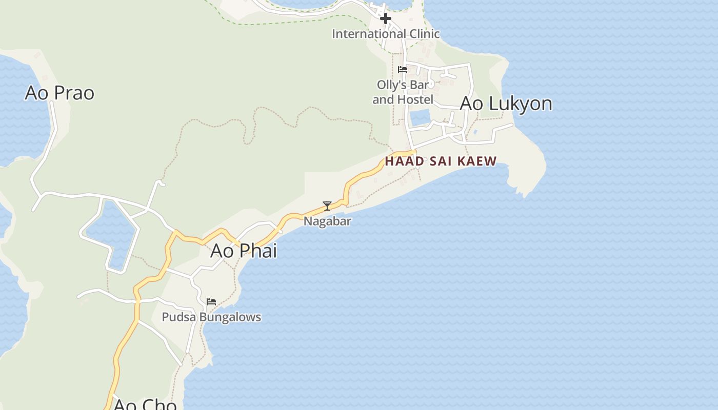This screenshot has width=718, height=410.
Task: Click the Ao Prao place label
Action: click(59, 93)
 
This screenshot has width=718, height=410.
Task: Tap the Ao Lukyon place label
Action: click(506, 104)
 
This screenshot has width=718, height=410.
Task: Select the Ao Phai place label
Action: click(244, 251)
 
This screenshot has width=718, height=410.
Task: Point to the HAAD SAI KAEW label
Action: click(441, 161)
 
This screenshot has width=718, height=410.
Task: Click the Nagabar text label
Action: click(327, 221)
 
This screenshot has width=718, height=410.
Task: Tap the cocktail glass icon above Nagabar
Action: click(327, 206)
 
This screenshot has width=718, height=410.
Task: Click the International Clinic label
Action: click(386, 34)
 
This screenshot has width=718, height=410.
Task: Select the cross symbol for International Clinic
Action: click(386, 18)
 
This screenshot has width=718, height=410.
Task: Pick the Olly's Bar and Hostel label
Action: click(403, 92)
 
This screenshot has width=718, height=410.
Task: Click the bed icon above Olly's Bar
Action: click(403, 70)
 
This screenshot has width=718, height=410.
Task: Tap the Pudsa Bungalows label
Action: click(211, 317)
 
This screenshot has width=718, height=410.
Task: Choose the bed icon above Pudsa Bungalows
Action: click(211, 302)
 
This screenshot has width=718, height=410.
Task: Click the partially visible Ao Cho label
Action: click(145, 404)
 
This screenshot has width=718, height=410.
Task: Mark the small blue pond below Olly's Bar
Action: click(420, 118)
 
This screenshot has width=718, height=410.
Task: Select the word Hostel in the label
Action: click(414, 99)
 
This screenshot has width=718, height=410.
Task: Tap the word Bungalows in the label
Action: click(230, 317)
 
